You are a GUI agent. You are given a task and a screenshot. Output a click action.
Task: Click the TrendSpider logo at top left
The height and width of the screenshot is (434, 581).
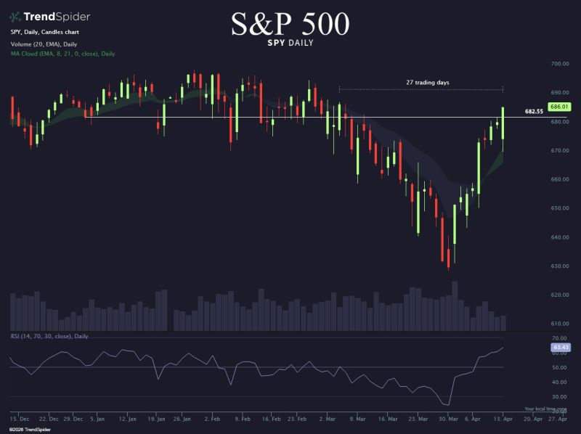[42, 16]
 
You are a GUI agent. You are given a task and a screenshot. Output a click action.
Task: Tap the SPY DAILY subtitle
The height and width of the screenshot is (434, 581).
[290, 44]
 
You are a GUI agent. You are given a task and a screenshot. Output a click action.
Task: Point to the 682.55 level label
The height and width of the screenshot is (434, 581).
[534, 112]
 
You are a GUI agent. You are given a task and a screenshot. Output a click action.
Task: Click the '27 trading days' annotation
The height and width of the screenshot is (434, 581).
[427, 83]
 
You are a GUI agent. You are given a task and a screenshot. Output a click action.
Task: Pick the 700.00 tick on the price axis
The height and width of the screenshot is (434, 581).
[559, 64]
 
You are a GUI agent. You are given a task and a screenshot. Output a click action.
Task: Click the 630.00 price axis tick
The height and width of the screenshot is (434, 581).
[559, 266]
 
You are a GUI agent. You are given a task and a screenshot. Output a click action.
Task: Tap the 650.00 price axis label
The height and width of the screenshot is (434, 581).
[559, 208]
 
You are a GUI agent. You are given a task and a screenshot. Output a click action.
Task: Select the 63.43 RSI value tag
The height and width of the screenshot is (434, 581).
[559, 348]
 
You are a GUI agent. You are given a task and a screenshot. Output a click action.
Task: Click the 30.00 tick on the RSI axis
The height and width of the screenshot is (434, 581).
[559, 397]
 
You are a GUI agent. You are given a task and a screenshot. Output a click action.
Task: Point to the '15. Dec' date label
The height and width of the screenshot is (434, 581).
[20, 419]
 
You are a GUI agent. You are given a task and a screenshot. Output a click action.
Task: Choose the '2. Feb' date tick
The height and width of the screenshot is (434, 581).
[213, 419]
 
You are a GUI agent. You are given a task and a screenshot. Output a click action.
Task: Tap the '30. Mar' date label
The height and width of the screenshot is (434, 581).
[448, 419]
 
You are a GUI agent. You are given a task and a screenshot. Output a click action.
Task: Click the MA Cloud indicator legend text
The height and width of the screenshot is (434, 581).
[62, 54]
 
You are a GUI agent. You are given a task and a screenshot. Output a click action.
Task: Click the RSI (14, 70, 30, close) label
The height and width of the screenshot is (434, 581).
[49, 336]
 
